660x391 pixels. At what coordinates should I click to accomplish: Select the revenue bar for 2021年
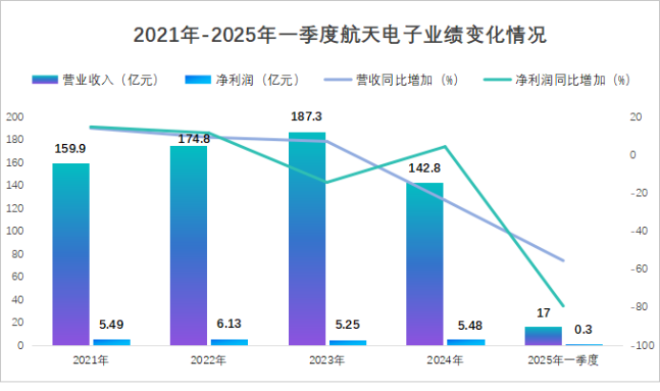71,254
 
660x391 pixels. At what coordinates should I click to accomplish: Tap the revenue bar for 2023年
307,238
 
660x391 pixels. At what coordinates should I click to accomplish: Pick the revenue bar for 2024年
425,263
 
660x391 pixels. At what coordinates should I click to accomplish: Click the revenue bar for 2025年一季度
544,336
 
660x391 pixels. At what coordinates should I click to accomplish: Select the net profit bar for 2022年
229,341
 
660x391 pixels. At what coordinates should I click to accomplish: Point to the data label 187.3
307,117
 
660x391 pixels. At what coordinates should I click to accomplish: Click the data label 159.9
71,149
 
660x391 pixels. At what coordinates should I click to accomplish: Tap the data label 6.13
229,324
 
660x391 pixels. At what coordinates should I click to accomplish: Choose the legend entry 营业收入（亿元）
95,80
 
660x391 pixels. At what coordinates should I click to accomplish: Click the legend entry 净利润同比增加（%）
557,80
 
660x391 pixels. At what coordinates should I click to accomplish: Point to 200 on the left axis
14,116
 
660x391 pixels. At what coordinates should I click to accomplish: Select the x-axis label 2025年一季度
563,360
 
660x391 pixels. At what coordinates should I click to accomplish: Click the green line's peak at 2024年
444,147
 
